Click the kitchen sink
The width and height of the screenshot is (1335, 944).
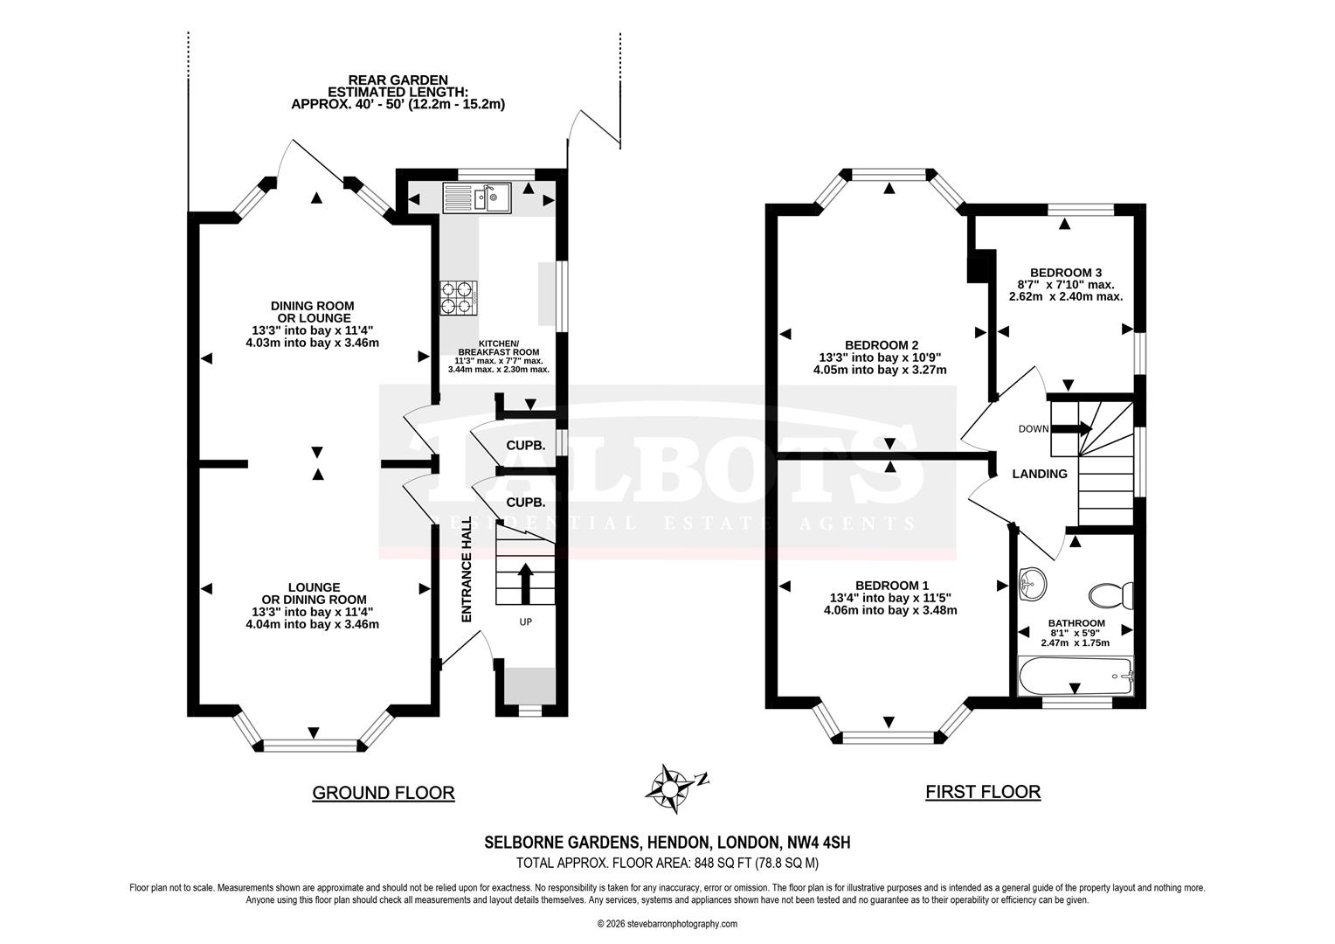477,197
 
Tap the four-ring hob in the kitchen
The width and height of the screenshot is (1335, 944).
458,297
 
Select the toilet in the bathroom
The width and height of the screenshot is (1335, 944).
1110,596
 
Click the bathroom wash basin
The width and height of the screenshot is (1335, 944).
1033,583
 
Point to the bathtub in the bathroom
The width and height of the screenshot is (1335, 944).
1076,676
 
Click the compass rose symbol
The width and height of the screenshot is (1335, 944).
669,782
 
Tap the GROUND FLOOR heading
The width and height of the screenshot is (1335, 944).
384,793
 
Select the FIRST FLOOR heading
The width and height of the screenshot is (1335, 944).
983,792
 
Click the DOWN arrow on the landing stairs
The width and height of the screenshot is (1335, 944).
1072,428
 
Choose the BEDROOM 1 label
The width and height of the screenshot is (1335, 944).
891,586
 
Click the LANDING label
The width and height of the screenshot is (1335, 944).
1039,474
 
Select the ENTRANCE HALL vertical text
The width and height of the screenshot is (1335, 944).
467,569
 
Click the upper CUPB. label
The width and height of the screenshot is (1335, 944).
526,445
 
